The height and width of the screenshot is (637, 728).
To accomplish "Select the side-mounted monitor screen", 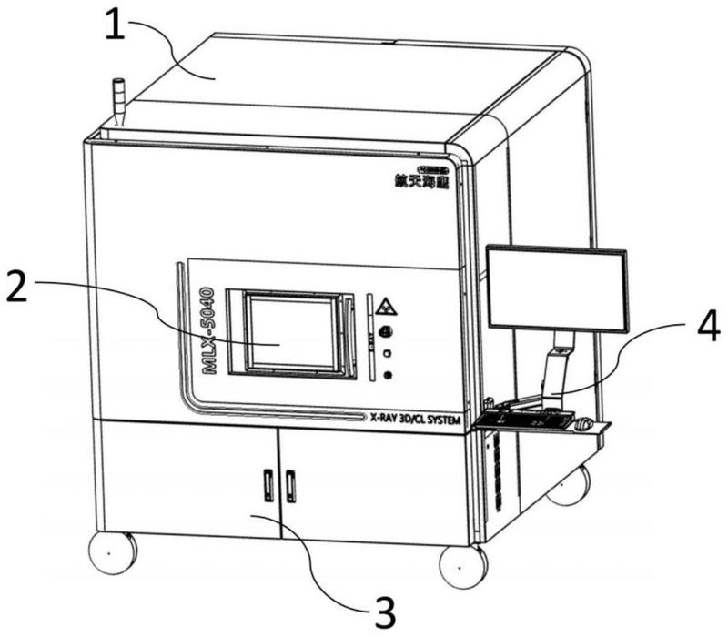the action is pos(557,288).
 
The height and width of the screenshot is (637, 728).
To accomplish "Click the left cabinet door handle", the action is pos(268,485).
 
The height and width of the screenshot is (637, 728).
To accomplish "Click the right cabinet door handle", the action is pos(291,485).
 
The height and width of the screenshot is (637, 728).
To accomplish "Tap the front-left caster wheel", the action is pos(111,551).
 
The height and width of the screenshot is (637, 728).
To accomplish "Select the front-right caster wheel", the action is pos(462,565).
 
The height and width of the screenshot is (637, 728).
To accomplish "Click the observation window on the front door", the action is pos(290,333).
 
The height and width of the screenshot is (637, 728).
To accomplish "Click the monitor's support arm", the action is pos(556,369).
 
